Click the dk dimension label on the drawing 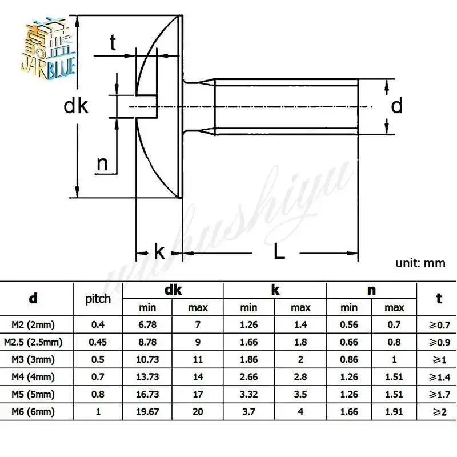(x=76, y=106)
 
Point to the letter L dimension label (x=279, y=252)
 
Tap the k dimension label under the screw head (x=159, y=252)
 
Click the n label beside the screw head (x=102, y=164)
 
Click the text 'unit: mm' (x=420, y=263)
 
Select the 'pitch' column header (x=98, y=299)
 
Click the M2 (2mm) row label (x=34, y=326)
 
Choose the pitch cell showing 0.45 (x=98, y=343)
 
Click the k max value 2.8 (x=300, y=378)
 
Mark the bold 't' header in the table (x=439, y=298)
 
